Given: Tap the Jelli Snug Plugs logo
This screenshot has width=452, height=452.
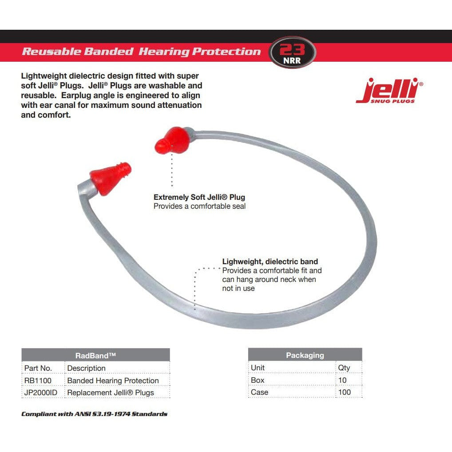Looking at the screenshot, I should click(389, 91).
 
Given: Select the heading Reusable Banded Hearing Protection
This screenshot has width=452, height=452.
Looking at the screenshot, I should click(141, 52).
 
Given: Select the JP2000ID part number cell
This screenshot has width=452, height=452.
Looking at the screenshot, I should click(41, 393).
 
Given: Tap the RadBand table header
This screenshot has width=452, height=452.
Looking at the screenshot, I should click(95, 355).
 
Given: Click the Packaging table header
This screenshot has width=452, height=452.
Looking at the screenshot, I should click(305, 355).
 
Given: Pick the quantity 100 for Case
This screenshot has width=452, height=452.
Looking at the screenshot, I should click(344, 392).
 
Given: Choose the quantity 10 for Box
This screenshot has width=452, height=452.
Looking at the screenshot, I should click(342, 380).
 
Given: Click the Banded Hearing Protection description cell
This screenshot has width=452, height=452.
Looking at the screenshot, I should click(113, 381).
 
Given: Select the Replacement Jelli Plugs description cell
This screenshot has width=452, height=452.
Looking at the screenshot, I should click(111, 393).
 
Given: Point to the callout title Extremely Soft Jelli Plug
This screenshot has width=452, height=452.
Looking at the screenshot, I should click(199, 197).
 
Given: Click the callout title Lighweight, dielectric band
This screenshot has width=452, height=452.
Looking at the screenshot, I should click(270, 262).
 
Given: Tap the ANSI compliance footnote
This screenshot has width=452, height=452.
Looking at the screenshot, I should click(94, 414).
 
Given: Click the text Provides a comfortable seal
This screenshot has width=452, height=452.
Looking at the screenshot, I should click(199, 206).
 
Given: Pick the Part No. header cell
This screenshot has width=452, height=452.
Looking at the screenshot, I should click(38, 368).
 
